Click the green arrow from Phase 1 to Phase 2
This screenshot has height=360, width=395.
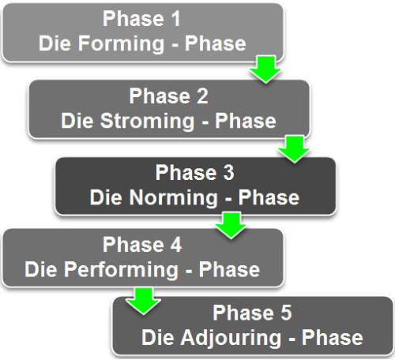(265, 69)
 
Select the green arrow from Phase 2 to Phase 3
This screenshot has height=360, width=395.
(294, 148)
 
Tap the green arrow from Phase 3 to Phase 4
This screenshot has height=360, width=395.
(231, 225)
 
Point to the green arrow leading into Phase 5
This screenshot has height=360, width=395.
(143, 301)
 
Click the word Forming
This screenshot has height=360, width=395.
(122, 43)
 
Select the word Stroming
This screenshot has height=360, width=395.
(147, 121)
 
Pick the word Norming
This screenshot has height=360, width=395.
(174, 198)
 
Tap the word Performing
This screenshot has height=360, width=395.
(122, 270)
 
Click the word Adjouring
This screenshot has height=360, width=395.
(231, 338)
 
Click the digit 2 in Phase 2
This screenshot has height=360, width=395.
(202, 96)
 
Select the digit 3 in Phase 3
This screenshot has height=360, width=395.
(228, 173)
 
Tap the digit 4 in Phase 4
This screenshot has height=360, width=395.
(176, 245)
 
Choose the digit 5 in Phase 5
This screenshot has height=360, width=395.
(286, 313)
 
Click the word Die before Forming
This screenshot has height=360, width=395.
(55, 43)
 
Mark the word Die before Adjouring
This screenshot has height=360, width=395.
(157, 337)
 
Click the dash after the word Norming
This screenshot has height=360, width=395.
(228, 199)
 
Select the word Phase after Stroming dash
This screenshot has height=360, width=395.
(246, 121)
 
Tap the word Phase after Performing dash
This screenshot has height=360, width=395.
(229, 269)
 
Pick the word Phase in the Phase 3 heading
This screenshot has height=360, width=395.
(186, 173)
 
